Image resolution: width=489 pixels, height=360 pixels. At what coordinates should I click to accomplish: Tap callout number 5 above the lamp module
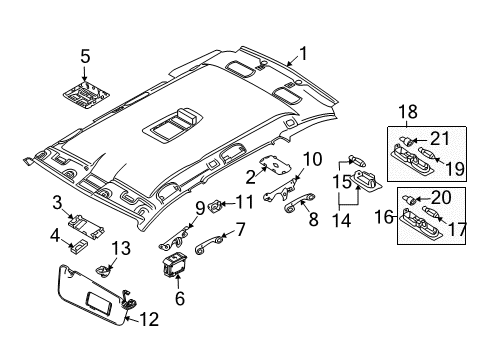pyautogui.click(x=85, y=56)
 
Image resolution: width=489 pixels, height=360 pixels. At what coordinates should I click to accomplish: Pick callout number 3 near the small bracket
pyautogui.click(x=58, y=204)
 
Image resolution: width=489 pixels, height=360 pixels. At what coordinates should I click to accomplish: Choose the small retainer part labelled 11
pyautogui.click(x=215, y=205)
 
